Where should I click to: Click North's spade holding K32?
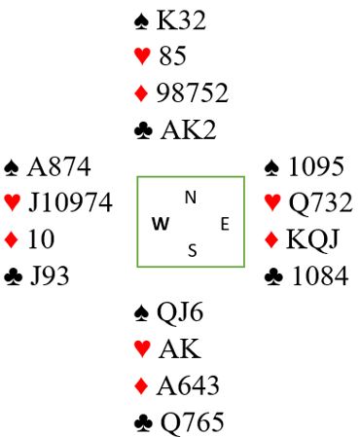(x=181, y=20)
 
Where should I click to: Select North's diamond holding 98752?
(x=193, y=93)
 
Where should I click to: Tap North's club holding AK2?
(x=188, y=130)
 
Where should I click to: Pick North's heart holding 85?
(x=173, y=55)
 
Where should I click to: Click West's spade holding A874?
(x=58, y=166)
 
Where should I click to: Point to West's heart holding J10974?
(x=70, y=202)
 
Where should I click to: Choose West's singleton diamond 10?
(x=41, y=239)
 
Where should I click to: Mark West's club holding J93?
(x=50, y=276)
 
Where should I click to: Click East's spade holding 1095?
(x=316, y=166)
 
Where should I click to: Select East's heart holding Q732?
(x=320, y=202)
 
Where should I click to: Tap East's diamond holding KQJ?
(x=312, y=239)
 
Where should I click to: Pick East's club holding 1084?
(x=320, y=276)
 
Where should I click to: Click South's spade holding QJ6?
(x=180, y=312)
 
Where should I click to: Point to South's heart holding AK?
(x=180, y=348)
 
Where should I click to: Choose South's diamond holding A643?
(x=188, y=385)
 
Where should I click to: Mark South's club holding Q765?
(x=193, y=422)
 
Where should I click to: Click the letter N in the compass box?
(x=191, y=198)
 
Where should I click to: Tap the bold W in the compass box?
(x=161, y=224)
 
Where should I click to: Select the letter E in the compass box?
(x=225, y=224)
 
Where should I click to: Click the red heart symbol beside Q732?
(x=273, y=202)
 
